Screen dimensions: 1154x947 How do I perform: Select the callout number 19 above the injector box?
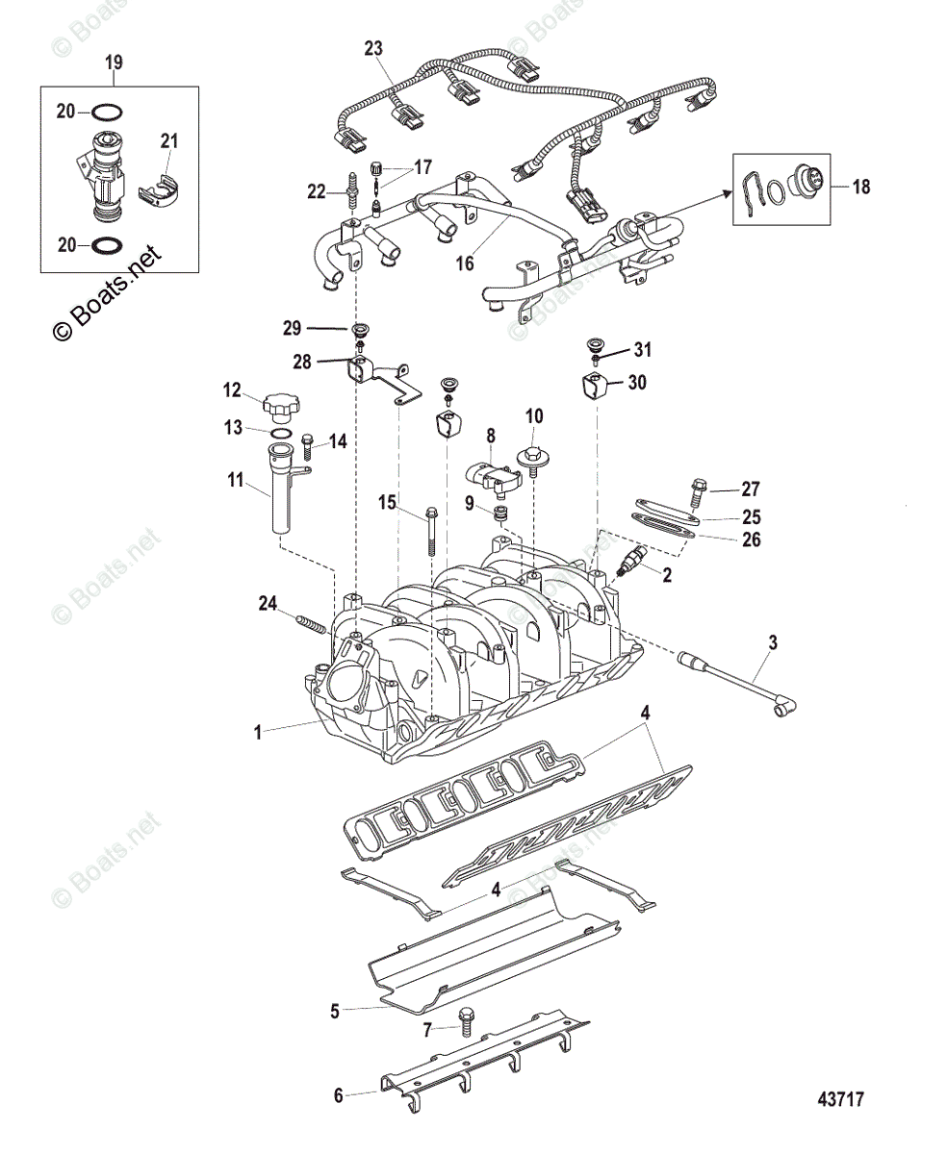pos(114,63)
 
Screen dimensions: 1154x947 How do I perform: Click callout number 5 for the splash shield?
pos(335,1011)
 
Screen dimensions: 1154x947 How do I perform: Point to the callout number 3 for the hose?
pos(772,640)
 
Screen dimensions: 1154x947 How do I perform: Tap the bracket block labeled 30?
pos(596,388)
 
